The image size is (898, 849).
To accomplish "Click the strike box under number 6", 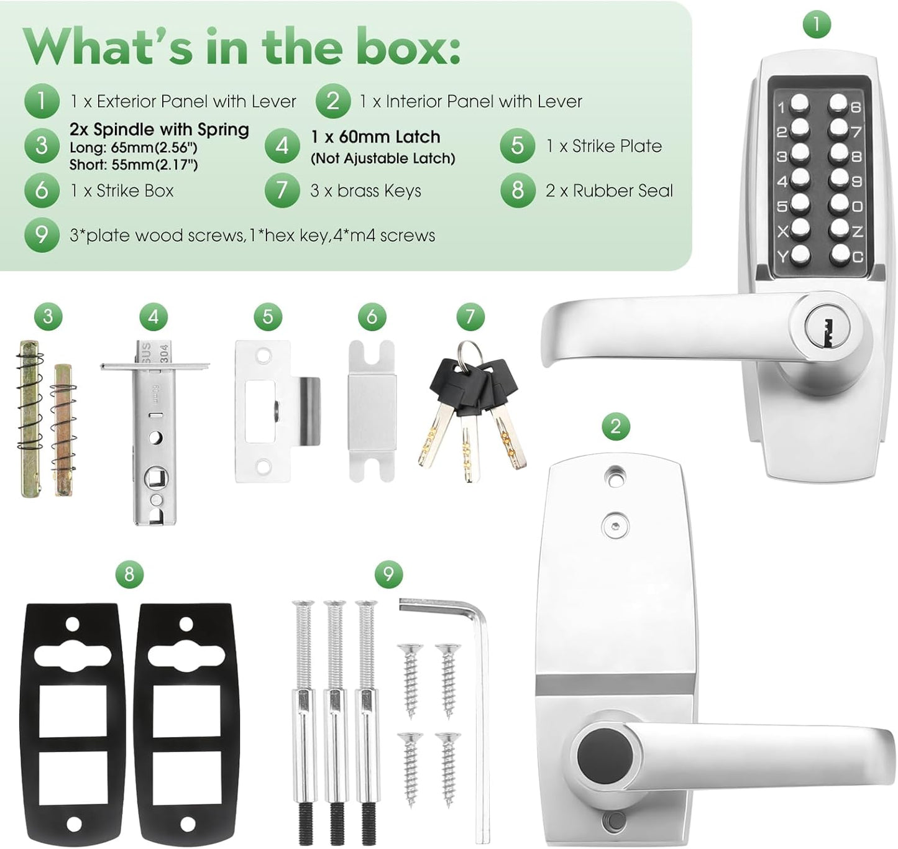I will [372, 410].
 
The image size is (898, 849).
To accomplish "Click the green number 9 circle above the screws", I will [388, 574].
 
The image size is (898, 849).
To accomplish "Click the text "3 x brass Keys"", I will [365, 191].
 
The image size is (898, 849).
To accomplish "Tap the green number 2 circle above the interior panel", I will [615, 426].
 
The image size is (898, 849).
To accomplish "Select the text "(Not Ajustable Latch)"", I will [383, 158].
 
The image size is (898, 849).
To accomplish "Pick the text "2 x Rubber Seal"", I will [609, 191].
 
